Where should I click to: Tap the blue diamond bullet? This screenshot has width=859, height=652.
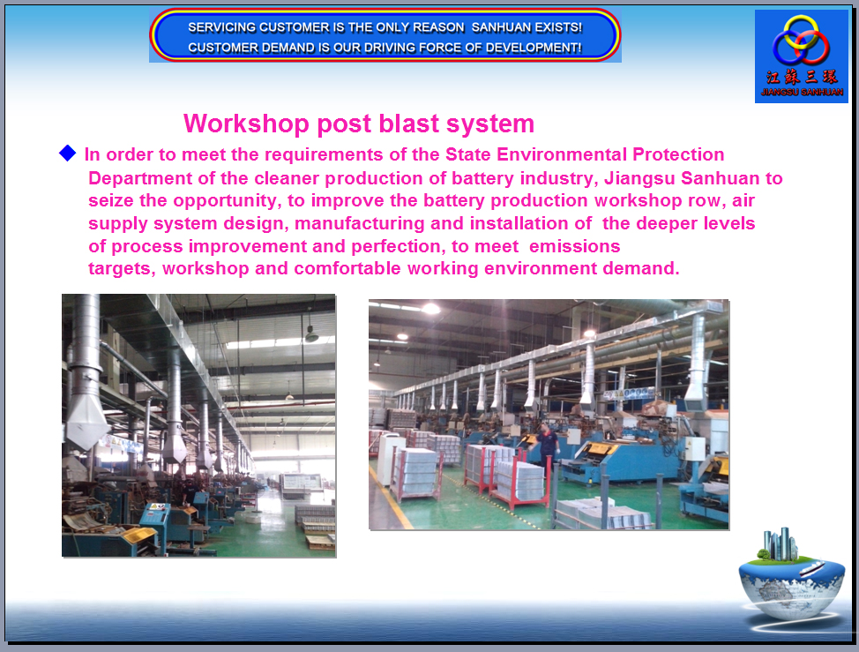[x=67, y=153]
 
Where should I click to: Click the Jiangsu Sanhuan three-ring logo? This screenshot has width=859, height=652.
[x=801, y=40]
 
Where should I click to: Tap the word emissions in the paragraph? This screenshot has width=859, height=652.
[x=575, y=246]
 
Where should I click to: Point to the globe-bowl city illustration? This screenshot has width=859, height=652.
[x=791, y=576]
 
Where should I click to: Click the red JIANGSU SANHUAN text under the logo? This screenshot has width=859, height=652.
[x=802, y=92]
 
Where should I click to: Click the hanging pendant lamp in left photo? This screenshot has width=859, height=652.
[x=311, y=334]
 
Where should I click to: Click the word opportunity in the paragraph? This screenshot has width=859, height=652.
[x=228, y=201]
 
